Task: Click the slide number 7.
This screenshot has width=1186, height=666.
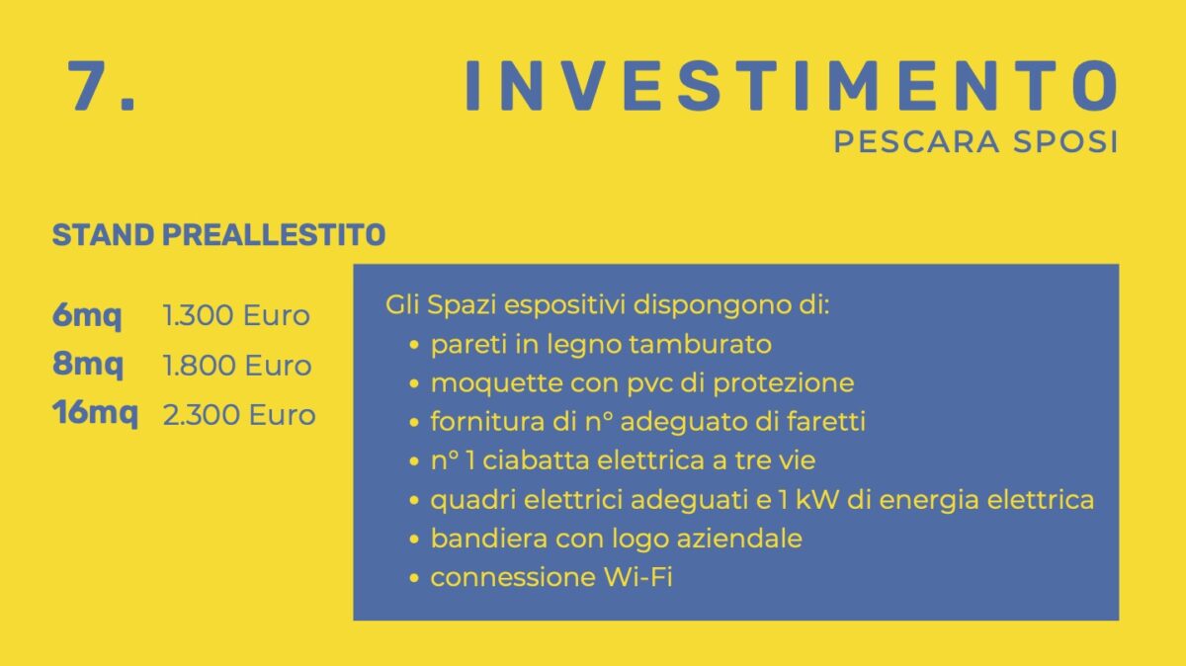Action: pyautogui.click(x=102, y=85)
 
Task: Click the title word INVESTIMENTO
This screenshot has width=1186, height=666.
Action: pyautogui.click(x=791, y=85)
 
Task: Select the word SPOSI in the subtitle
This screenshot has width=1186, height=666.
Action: pyautogui.click(x=1065, y=142)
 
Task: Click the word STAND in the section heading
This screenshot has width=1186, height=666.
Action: pyautogui.click(x=103, y=234)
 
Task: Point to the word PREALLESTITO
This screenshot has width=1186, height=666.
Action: pyautogui.click(x=274, y=234)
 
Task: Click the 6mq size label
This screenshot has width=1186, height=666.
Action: pyautogui.click(x=87, y=316)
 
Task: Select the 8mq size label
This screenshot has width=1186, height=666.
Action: pyautogui.click(x=87, y=365)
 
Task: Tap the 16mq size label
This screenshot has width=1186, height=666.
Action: pyautogui.click(x=95, y=414)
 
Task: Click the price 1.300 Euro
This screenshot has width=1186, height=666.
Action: pyautogui.click(x=236, y=315)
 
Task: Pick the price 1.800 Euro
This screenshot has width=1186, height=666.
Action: pyautogui.click(x=237, y=366)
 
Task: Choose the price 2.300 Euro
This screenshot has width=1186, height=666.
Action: pyautogui.click(x=239, y=415)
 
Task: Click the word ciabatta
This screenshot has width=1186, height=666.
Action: pyautogui.click(x=536, y=460)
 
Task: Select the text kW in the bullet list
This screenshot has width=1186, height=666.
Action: pyautogui.click(x=817, y=499)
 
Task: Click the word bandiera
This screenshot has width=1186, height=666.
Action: pyautogui.click(x=489, y=539)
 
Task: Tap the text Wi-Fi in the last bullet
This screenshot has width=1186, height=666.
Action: pyautogui.click(x=638, y=577)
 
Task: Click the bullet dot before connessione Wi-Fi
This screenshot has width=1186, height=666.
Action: pyautogui.click(x=414, y=578)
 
